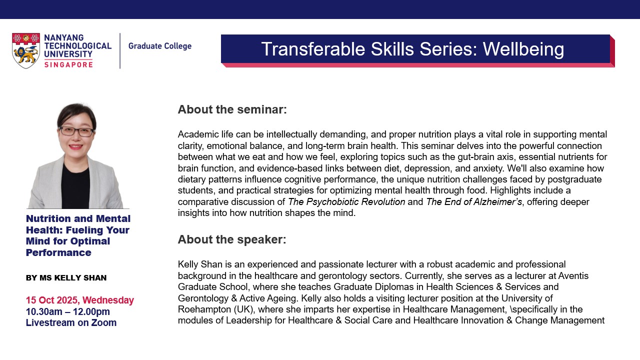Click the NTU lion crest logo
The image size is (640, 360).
[x=25, y=50]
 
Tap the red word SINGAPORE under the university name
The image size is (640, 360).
[x=68, y=64]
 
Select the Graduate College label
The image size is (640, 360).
[x=160, y=46]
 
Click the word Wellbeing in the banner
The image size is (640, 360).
[x=523, y=49]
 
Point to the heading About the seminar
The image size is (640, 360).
[x=232, y=109]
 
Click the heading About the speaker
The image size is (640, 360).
[x=232, y=239]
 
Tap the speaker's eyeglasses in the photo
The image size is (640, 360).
[x=76, y=131]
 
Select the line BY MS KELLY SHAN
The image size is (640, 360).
[x=66, y=277]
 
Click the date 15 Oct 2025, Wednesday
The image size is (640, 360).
[x=80, y=300]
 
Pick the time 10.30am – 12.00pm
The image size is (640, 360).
[x=68, y=311]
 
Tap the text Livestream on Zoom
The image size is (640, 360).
[x=71, y=322]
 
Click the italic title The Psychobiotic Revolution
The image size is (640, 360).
[x=346, y=201]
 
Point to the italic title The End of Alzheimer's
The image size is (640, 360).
[x=474, y=201]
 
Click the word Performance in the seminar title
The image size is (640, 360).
[x=58, y=252]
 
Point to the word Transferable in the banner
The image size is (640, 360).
[x=313, y=49]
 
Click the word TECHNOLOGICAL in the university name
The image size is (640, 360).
[x=77, y=45]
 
